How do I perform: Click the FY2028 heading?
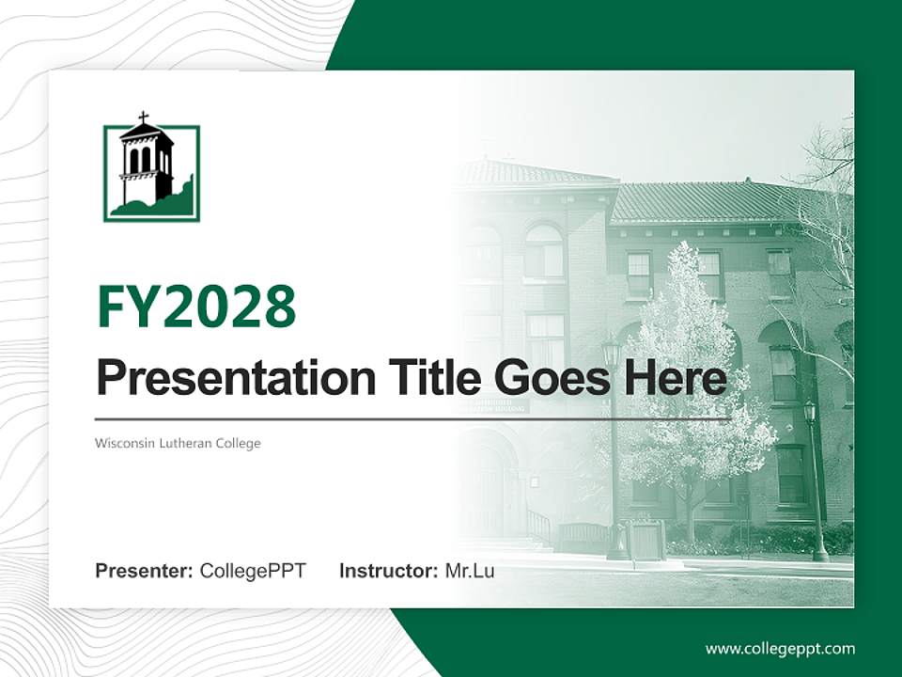point(196,307)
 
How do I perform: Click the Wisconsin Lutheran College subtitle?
point(178,443)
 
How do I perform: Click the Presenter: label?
point(144,571)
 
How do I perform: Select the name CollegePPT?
point(253,571)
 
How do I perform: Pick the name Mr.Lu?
point(470,571)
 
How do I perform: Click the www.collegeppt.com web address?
point(780,649)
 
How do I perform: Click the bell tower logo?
point(151,173)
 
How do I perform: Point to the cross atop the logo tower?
point(143,118)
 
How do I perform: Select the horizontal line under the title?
point(413,419)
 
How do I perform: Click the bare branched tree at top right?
point(827,188)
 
